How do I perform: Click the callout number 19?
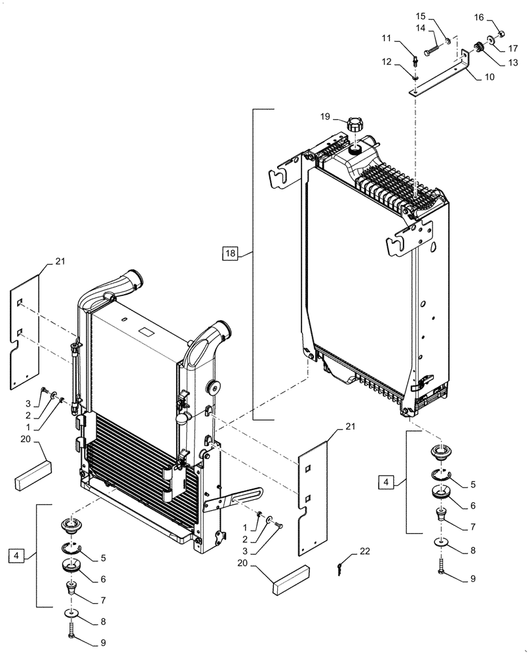click(326, 117)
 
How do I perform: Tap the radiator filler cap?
click(355, 124)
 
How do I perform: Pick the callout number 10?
click(489, 77)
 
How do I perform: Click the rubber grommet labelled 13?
click(478, 47)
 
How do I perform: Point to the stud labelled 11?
click(415, 61)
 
